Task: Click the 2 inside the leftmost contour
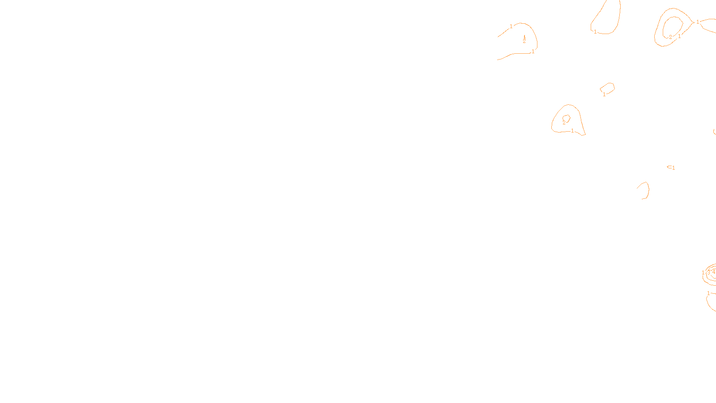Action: click(x=524, y=41)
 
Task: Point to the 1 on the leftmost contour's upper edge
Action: click(x=511, y=26)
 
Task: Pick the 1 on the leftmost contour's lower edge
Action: click(x=533, y=51)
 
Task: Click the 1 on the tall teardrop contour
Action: click(x=595, y=31)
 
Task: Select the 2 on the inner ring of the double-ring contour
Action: click(x=670, y=37)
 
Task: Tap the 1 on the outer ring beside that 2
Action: click(x=679, y=36)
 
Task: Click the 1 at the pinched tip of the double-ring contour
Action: click(x=697, y=21)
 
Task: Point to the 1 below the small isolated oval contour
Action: click(x=604, y=94)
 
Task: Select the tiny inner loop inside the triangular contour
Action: click(x=566, y=118)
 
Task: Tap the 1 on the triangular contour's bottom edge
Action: click(x=572, y=131)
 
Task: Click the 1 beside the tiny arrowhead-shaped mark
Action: click(x=673, y=168)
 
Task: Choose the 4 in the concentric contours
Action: click(x=713, y=271)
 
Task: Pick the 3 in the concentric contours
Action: click(x=708, y=272)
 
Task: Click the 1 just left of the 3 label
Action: click(x=703, y=272)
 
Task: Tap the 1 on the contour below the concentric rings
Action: click(x=708, y=293)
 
